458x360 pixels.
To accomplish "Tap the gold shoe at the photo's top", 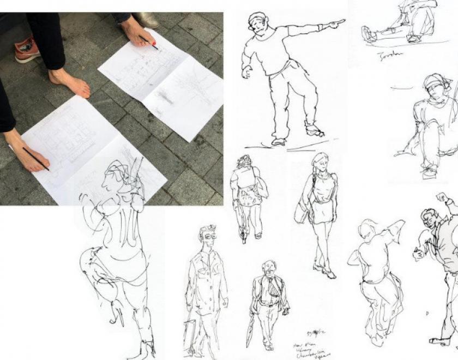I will click(146, 20).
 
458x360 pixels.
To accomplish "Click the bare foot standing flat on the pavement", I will click(70, 82).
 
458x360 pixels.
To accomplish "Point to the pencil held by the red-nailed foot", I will click(148, 42).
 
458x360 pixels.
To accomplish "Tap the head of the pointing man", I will click(257, 23).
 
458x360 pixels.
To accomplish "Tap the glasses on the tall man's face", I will click(209, 236).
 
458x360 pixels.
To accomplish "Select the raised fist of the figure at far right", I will click(441, 197).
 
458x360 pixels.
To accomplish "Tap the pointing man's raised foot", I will click(314, 130).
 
